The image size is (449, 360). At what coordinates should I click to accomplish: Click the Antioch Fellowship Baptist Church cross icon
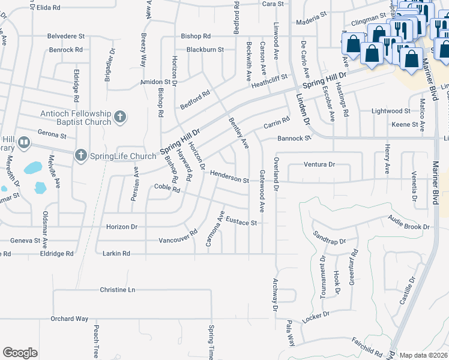[x=120, y=117]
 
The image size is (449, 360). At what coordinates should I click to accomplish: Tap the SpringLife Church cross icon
[x=80, y=156]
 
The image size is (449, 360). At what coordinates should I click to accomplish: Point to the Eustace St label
[x=242, y=223]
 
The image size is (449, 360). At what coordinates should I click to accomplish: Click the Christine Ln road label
[x=118, y=289]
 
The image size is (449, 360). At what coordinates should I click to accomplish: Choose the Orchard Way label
[x=70, y=319]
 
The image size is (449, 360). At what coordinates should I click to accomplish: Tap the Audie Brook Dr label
[x=409, y=223]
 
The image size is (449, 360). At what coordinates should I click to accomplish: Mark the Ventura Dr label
[x=319, y=164]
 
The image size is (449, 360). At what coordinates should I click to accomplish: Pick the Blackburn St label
[x=205, y=49]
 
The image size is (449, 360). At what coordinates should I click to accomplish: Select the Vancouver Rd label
[x=178, y=237]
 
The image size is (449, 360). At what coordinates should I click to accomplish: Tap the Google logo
[x=20, y=353]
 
